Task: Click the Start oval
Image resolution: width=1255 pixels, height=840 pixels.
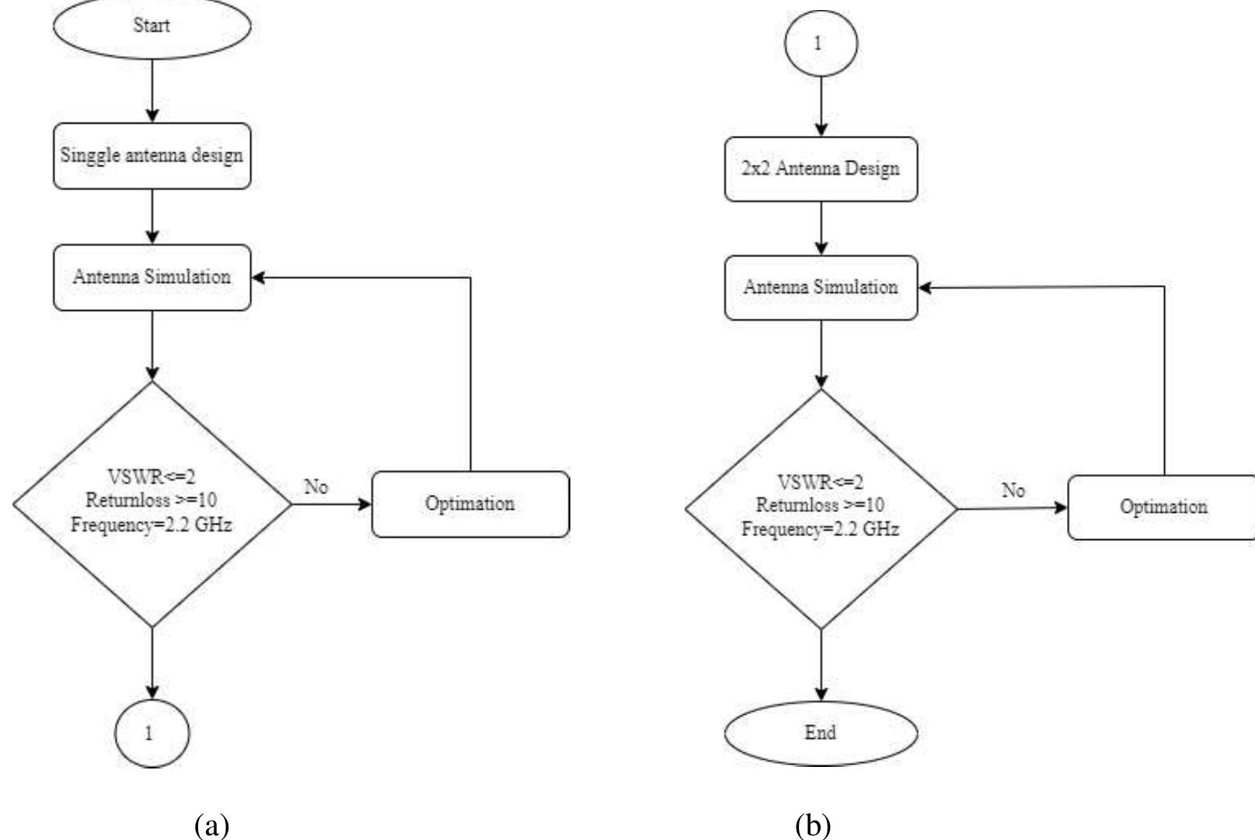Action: click(152, 26)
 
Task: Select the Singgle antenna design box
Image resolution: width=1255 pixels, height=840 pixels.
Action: click(152, 155)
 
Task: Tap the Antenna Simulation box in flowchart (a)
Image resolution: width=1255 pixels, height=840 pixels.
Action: click(152, 277)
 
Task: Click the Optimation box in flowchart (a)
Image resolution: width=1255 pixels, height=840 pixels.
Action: click(470, 504)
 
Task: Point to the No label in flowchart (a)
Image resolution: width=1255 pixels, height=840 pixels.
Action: click(316, 487)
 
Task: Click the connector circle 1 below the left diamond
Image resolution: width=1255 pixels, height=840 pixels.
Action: click(152, 733)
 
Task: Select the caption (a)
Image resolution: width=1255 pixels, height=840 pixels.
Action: click(211, 824)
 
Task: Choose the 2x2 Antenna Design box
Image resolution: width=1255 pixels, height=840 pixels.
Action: click(821, 169)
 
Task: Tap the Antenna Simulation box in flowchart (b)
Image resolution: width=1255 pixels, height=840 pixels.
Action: click(821, 288)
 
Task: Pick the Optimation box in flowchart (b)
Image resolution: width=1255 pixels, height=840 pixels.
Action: click(1163, 507)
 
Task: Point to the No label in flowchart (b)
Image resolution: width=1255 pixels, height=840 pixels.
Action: click(1013, 490)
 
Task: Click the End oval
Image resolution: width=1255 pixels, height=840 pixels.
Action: click(821, 733)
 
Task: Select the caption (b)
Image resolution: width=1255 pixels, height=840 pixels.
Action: click(813, 824)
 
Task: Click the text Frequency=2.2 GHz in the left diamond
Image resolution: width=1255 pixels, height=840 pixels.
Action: click(152, 525)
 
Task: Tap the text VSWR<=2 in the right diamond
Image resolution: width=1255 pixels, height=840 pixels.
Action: click(821, 483)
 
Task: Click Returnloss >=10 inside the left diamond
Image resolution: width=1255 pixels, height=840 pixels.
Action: click(152, 500)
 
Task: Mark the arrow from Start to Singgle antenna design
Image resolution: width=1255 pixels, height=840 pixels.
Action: click(152, 91)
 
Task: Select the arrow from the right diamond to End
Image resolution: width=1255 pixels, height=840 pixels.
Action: click(821, 665)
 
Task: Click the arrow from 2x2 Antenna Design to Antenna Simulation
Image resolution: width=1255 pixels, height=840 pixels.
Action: click(821, 228)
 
